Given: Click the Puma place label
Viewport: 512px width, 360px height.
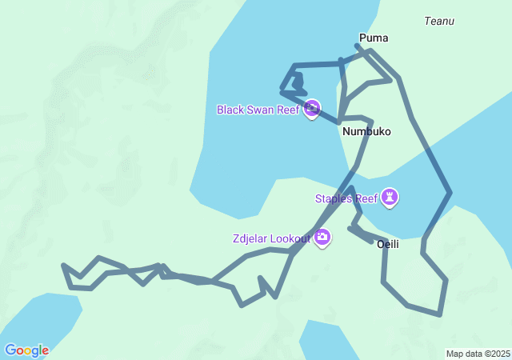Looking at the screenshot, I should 374,38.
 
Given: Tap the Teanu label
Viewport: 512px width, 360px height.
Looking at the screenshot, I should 440,21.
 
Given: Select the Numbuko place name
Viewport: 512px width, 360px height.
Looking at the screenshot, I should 366,131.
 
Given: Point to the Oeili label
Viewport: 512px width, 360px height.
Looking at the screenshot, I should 388,244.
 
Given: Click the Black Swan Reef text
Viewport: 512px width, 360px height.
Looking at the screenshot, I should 258,110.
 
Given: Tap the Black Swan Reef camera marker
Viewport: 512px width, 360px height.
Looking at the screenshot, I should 312,109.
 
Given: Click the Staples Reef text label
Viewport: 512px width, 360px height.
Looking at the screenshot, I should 346,198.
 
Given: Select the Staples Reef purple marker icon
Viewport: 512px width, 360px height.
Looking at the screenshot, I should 390,197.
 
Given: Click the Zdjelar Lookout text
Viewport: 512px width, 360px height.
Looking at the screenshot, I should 272,238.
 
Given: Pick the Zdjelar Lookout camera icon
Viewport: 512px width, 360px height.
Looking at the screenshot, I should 322,237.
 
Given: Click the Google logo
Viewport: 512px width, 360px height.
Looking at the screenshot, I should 26,350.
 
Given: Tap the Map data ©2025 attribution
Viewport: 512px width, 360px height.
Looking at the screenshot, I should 478,354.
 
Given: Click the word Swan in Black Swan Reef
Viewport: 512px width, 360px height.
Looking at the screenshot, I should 261,110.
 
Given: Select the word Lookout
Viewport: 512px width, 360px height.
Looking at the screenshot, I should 291,238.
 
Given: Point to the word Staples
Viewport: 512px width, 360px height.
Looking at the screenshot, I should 334,198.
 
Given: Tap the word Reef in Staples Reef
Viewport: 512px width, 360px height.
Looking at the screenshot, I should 366,198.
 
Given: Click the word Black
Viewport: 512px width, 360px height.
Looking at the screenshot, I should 230,110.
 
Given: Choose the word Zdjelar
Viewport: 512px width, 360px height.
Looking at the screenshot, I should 251,238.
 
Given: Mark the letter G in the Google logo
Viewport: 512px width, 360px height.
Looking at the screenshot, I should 10,350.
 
